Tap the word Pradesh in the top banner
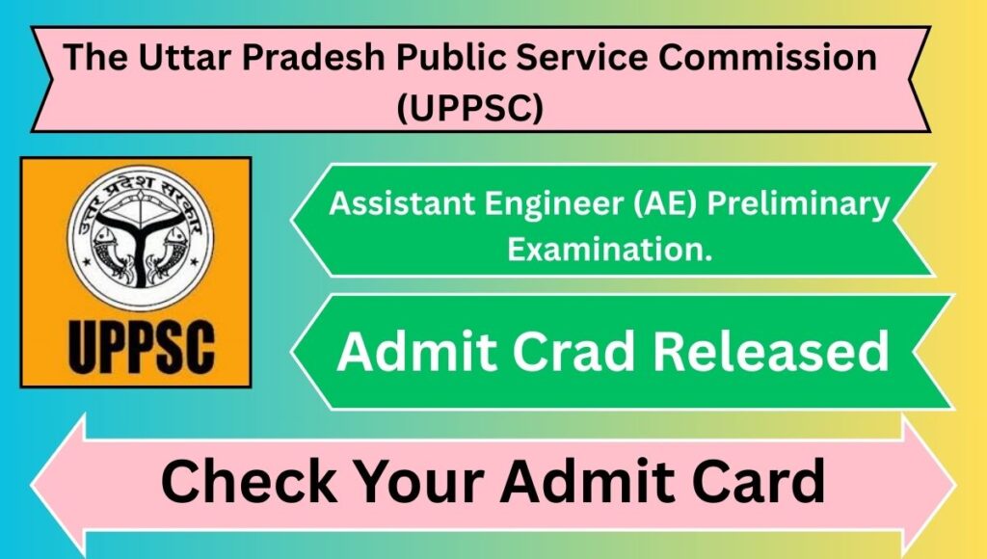tap(313, 57)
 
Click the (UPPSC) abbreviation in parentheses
tap(469, 108)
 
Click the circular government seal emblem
tap(141, 238)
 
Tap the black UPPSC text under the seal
tap(141, 347)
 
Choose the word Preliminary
tap(798, 204)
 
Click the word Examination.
tap(610, 249)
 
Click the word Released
tap(771, 351)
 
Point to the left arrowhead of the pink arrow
tap(58, 485)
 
